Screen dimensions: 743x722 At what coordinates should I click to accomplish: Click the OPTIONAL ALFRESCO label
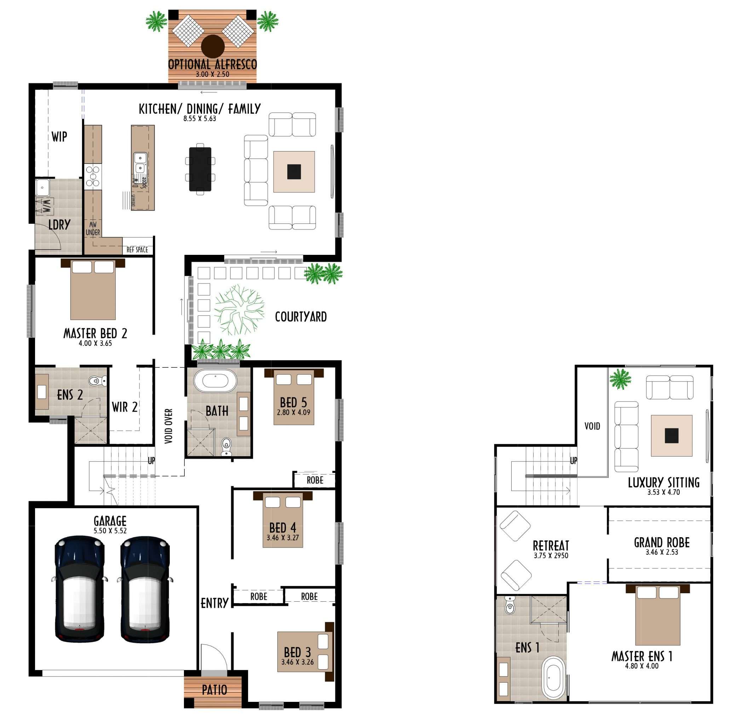pos(212,64)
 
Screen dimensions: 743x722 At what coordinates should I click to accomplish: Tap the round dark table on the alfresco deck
pos(213,46)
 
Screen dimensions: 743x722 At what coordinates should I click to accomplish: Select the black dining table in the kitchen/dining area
pos(200,169)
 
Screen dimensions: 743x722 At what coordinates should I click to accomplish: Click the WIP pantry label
pos(59,137)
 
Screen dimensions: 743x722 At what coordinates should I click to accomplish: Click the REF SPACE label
pos(137,250)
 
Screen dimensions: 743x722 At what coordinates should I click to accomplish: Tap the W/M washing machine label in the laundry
pos(47,206)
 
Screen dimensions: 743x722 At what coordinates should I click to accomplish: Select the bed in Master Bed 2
pos(93,290)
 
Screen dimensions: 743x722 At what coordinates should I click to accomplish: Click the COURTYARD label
pos(301,317)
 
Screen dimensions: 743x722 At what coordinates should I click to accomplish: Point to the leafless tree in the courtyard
pos(239,309)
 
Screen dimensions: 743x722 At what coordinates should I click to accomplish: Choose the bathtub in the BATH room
pos(215,381)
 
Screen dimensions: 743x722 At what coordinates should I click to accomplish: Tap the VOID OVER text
pos(169,426)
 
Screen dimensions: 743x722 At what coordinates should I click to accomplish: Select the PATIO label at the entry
pos(214,690)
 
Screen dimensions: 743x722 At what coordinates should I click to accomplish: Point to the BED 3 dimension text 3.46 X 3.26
pos(298,662)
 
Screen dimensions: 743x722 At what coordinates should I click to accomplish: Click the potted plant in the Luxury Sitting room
pos(620,379)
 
